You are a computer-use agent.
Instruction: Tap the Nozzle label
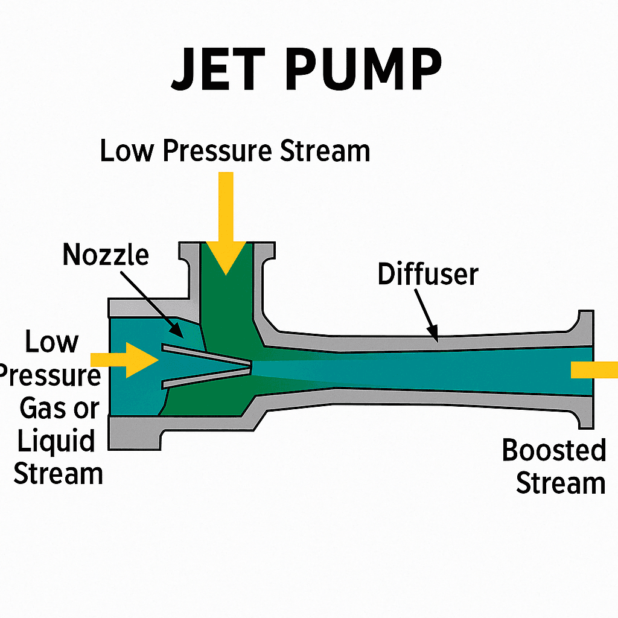(106, 255)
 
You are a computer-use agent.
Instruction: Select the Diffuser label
(428, 275)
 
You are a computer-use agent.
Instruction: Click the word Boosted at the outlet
(554, 451)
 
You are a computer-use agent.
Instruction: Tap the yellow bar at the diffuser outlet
(594, 369)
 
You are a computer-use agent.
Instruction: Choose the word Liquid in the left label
(56, 441)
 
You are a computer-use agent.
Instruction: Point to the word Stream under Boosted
(561, 483)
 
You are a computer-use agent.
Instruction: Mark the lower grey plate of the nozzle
(205, 376)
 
